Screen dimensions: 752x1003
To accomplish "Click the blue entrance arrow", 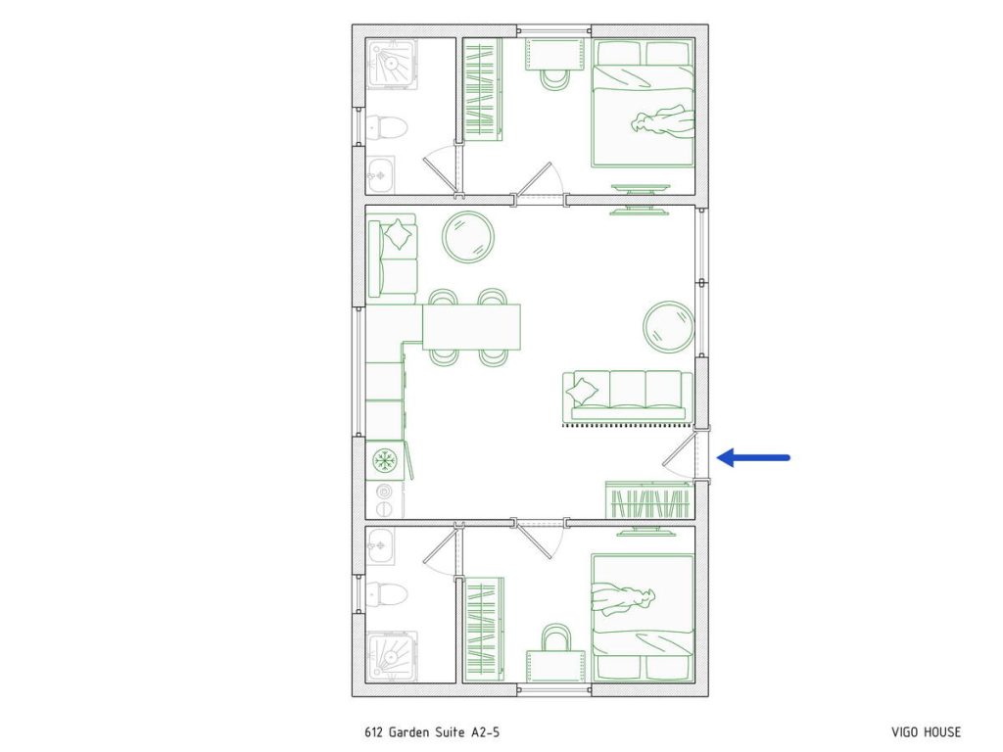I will click(x=754, y=457).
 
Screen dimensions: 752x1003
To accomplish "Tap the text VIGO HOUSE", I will click(x=926, y=731).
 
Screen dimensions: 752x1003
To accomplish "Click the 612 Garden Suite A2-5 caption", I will click(x=438, y=731).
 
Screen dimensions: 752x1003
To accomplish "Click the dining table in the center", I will click(x=471, y=327).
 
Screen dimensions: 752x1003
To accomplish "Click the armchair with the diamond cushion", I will click(x=393, y=254).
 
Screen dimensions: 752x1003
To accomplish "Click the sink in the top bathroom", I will click(x=381, y=176).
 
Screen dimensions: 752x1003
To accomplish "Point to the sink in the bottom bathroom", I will click(x=381, y=544).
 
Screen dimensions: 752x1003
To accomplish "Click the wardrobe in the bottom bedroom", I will click(x=484, y=629).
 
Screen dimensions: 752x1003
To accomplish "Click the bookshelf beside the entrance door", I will click(x=647, y=500).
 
